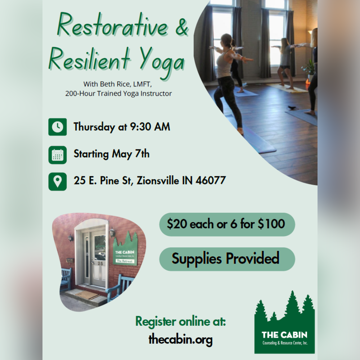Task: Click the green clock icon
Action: coord(57,127)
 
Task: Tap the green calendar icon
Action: coord(57,154)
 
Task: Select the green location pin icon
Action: coord(57,181)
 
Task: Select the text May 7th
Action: coord(131,154)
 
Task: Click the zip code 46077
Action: coord(211,180)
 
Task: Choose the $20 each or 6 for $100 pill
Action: coord(227,224)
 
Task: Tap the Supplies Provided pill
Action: coord(227,258)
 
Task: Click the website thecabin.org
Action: coord(180,339)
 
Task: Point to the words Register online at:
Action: coord(180,321)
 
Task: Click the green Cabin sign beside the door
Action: coord(125,251)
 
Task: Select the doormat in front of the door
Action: coord(86,295)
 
